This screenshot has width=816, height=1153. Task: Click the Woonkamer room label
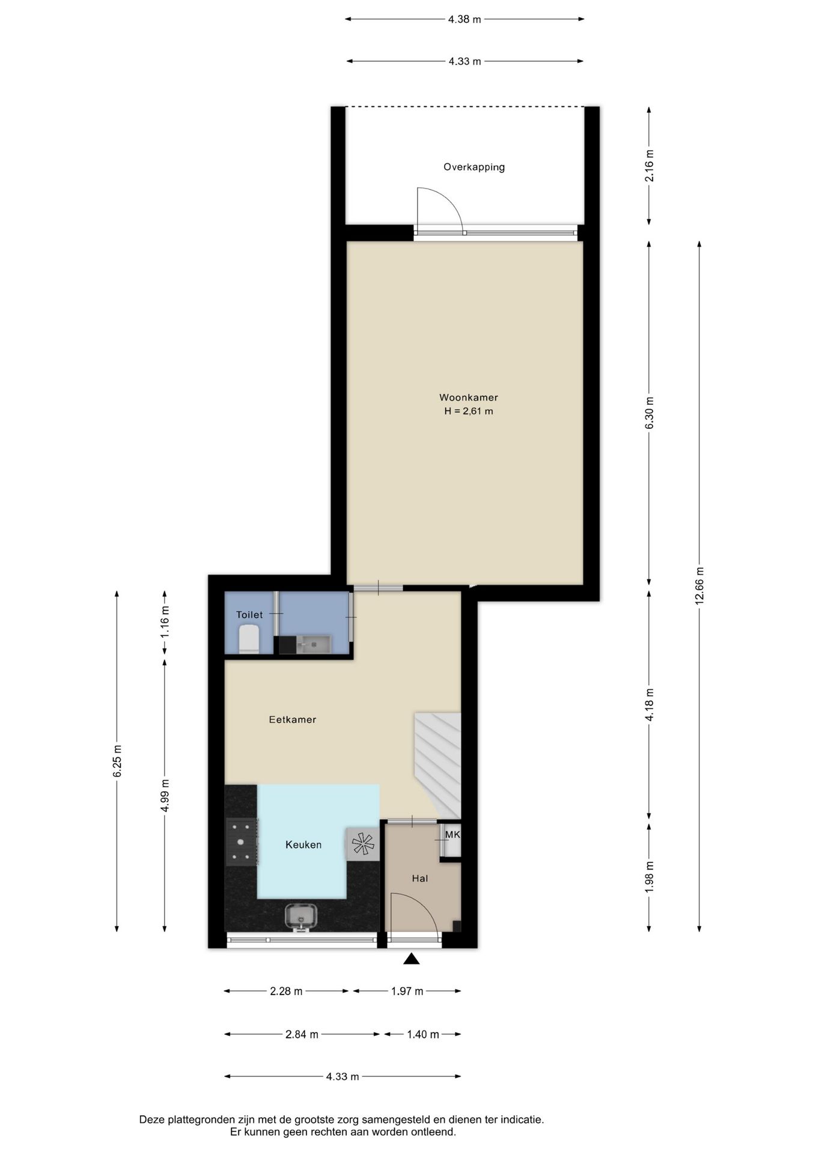(468, 398)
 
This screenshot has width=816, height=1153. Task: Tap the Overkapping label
(474, 167)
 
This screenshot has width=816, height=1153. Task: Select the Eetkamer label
(293, 719)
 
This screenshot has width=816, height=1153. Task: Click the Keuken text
(303, 844)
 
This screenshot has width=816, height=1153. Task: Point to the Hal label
(420, 878)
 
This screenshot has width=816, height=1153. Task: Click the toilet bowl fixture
(249, 639)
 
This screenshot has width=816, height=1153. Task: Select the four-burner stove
(242, 842)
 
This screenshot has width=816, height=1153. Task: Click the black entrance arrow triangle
(411, 958)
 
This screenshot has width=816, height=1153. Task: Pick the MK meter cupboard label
(452, 835)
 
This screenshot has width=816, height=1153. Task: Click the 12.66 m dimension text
(699, 586)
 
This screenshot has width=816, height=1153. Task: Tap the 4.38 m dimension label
(464, 19)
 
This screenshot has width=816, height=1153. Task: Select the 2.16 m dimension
(649, 166)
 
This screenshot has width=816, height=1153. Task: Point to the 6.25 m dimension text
(117, 761)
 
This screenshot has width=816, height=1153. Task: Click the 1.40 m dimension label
(423, 1034)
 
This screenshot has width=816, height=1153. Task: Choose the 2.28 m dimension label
(286, 991)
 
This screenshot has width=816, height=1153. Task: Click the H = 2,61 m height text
(469, 411)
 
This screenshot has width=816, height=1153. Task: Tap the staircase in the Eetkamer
(437, 765)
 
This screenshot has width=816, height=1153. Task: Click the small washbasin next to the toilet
(305, 645)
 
